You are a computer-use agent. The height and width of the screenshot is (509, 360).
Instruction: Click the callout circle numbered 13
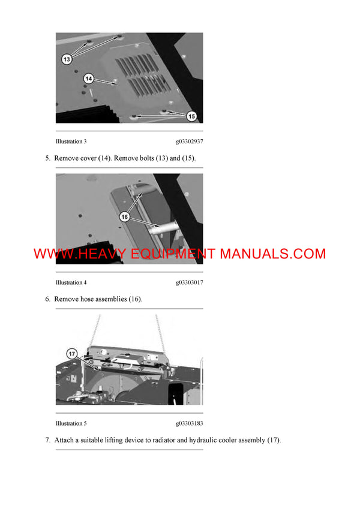67,59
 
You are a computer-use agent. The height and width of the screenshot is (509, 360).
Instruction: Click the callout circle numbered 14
88,78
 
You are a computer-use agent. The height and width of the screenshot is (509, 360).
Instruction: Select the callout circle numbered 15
191,117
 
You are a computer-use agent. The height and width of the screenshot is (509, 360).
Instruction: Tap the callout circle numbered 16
124,217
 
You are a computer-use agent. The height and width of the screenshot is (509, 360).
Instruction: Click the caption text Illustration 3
71,141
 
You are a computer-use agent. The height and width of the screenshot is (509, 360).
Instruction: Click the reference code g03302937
189,141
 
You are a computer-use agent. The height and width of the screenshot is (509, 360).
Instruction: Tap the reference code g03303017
189,282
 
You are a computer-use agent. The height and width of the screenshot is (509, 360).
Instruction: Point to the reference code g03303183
189,423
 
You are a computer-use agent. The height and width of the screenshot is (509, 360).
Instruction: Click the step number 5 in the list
47,158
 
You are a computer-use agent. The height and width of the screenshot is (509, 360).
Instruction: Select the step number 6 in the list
47,299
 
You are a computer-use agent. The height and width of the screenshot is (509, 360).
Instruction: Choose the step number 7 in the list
47,440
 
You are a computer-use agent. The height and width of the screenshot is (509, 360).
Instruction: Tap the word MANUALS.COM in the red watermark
273,254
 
